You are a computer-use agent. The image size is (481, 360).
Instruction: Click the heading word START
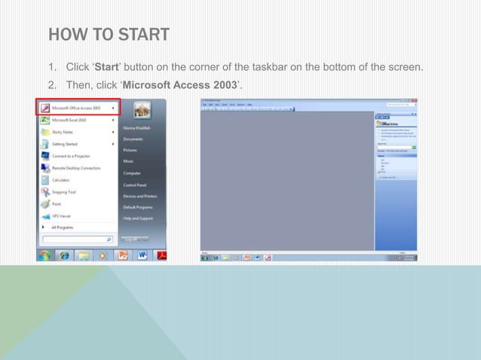tap(139, 35)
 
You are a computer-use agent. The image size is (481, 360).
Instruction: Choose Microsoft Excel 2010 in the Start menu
tap(72, 119)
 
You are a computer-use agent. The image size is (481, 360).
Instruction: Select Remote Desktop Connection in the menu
tap(76, 168)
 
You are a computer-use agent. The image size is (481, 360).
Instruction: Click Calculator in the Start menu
tap(61, 180)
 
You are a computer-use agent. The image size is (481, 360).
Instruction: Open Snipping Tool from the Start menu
tap(63, 192)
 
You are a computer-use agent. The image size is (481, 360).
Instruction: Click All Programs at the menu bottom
tap(62, 226)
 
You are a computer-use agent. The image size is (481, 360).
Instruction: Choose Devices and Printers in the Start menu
tap(139, 196)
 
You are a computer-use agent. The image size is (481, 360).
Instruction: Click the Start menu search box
tap(75, 240)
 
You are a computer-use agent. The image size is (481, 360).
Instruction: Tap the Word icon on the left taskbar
tap(142, 256)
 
